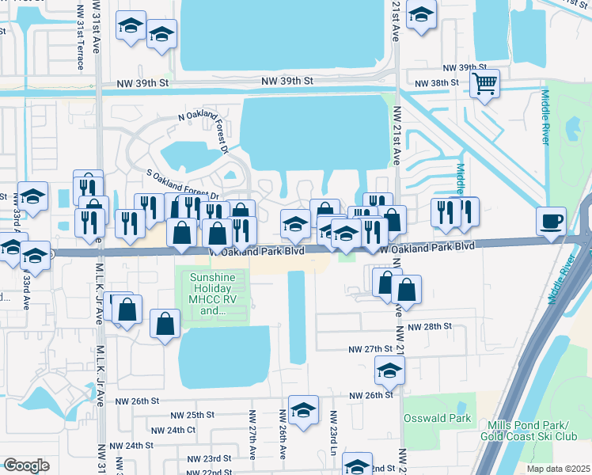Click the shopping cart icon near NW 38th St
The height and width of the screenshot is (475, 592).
pyautogui.click(x=484, y=82)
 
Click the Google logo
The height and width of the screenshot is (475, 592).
pyautogui.click(x=26, y=465)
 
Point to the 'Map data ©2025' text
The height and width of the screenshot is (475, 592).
pyautogui.click(x=557, y=469)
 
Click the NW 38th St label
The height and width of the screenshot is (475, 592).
pyautogui.click(x=439, y=82)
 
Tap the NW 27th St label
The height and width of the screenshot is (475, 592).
pyautogui.click(x=371, y=348)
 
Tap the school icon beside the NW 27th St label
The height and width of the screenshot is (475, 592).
pyautogui.click(x=389, y=369)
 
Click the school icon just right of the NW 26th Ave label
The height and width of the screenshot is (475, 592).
pyautogui.click(x=302, y=409)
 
